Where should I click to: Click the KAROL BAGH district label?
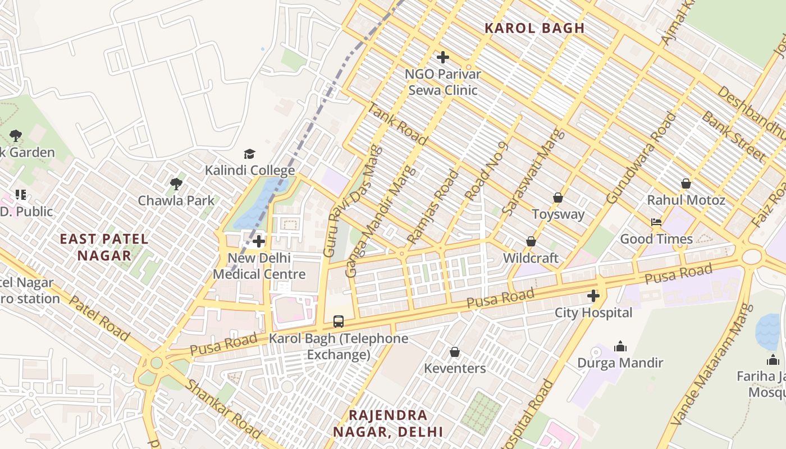pyautogui.click(x=534, y=28)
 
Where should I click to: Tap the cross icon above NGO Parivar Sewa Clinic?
pyautogui.click(x=443, y=57)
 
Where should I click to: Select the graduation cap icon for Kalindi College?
pyautogui.click(x=249, y=154)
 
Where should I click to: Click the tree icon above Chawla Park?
pyautogui.click(x=176, y=184)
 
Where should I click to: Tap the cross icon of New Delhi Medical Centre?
pyautogui.click(x=259, y=242)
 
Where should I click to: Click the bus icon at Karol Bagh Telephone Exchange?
pyautogui.click(x=339, y=322)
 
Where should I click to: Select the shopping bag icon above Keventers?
pyautogui.click(x=455, y=352)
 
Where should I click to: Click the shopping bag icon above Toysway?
pyautogui.click(x=558, y=198)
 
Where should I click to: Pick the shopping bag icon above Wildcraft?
pyautogui.click(x=531, y=241)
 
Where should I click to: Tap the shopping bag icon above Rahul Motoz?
pyautogui.click(x=686, y=184)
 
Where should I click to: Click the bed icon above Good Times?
pyautogui.click(x=656, y=222)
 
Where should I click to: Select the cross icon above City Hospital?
pyautogui.click(x=593, y=296)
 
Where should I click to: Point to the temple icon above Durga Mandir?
pyautogui.click(x=620, y=346)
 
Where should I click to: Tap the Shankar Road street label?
pyautogui.click(x=223, y=409)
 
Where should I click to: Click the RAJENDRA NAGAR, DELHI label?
pyautogui.click(x=388, y=424)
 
